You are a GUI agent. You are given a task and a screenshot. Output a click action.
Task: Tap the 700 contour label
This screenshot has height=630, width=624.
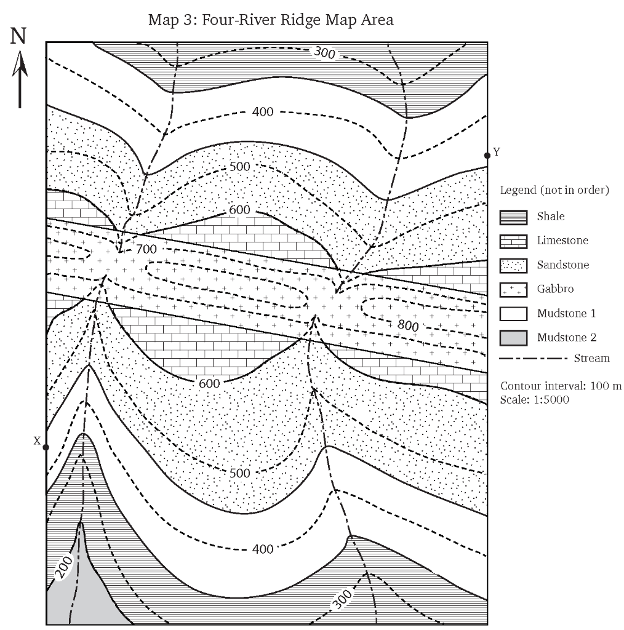coord(146,249)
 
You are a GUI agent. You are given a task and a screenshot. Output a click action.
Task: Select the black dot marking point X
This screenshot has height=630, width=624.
coord(46,447)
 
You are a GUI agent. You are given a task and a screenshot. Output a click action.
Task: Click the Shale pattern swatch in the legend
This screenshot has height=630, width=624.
coord(513,217)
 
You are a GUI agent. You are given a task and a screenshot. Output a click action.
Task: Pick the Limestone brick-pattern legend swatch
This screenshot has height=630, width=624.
coord(513,241)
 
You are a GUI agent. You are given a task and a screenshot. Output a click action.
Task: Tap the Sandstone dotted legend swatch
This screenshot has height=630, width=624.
coord(513,265)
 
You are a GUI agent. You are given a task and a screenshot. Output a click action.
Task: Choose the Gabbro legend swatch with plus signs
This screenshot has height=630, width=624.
coord(513,289)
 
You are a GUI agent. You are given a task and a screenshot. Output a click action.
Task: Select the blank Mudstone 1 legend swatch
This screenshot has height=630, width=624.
coord(513,313)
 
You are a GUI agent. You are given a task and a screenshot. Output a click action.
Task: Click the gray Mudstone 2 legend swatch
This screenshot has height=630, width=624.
coord(513,337)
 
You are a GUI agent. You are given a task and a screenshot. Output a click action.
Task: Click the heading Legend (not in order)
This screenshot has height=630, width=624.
coord(554,190)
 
